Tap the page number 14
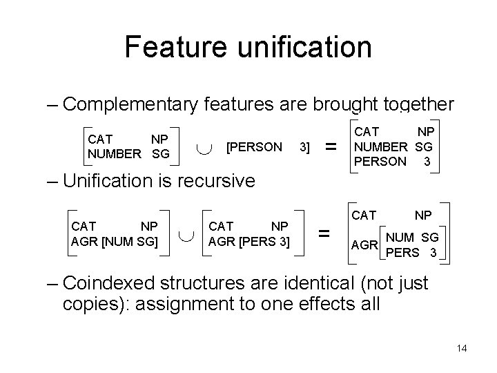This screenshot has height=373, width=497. click(x=462, y=348)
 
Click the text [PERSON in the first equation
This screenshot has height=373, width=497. click(x=254, y=146)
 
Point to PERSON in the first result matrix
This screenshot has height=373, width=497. click(x=380, y=161)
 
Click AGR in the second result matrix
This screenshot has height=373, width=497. click(x=364, y=245)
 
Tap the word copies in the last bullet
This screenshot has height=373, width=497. click(x=92, y=304)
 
